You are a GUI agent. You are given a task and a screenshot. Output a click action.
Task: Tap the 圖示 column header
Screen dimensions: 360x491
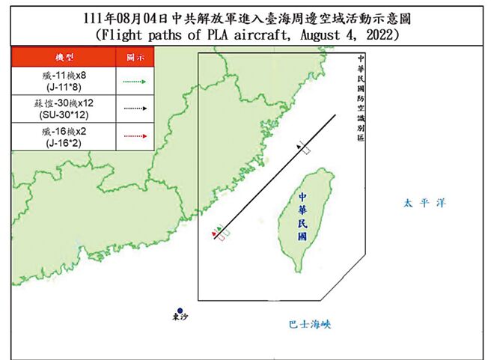[x=135, y=56]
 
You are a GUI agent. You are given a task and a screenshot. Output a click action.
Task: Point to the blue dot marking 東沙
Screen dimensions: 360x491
[x=180, y=311]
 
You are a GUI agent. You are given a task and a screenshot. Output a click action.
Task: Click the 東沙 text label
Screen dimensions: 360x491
[x=180, y=320]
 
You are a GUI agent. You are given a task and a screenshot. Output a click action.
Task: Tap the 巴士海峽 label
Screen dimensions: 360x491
[x=308, y=324]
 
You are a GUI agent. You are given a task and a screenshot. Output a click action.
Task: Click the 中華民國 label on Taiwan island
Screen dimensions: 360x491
[x=301, y=215]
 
